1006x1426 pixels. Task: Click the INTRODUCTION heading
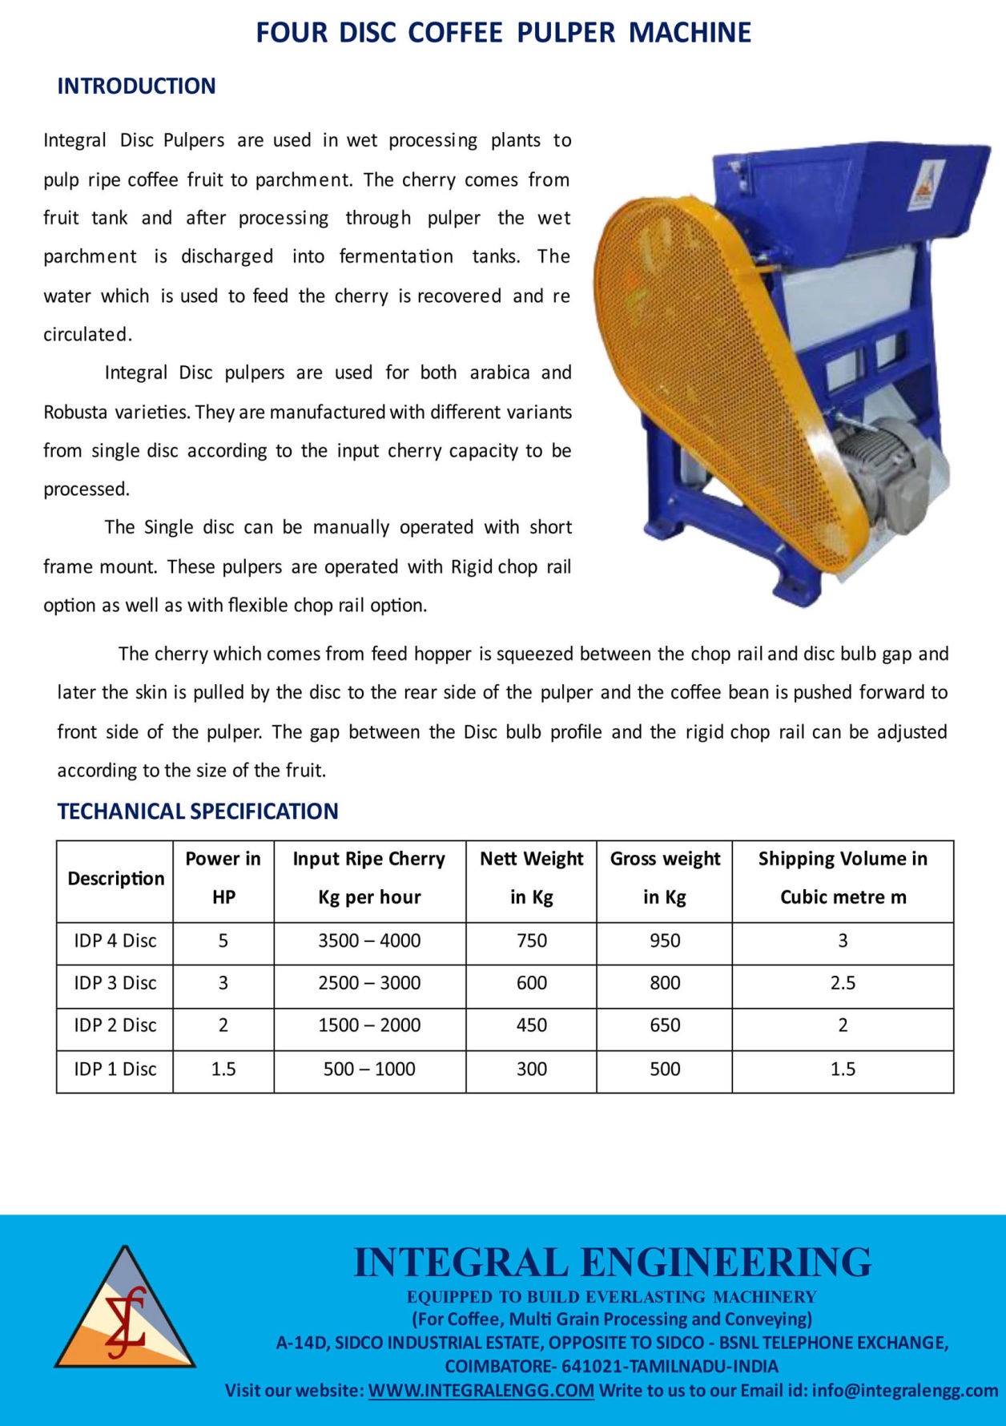136,86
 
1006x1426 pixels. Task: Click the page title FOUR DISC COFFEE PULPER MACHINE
503,33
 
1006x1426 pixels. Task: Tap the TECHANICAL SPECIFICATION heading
198,811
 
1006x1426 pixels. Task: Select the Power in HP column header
223,877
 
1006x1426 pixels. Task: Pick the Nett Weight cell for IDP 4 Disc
532,941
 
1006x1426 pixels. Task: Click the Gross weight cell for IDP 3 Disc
665,983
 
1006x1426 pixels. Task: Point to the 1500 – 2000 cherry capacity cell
369,1025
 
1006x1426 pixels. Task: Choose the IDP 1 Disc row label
115,1069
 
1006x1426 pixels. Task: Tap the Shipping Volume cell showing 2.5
843,983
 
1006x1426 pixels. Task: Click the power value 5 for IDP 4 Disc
223,941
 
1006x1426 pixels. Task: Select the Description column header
115,878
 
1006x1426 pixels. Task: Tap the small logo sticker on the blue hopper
927,185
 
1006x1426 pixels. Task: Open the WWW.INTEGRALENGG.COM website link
481,1390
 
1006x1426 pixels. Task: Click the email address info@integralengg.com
904,1390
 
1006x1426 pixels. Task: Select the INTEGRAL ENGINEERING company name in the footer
612,1263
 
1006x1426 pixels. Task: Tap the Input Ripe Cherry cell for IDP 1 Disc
369,1069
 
